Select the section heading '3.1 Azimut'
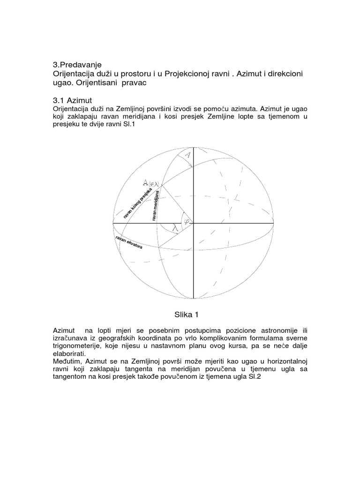point(73,100)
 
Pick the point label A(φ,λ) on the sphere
point(151,183)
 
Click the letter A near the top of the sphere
point(187,154)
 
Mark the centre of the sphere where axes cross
point(193,224)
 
